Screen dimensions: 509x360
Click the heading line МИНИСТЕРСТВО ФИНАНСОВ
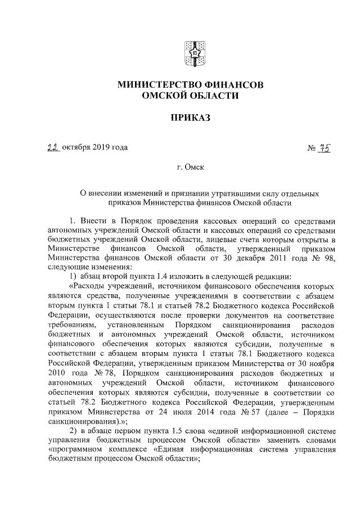[x=190, y=85]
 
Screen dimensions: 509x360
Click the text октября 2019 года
[x=95, y=148]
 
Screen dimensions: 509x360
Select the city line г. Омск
[x=190, y=167]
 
